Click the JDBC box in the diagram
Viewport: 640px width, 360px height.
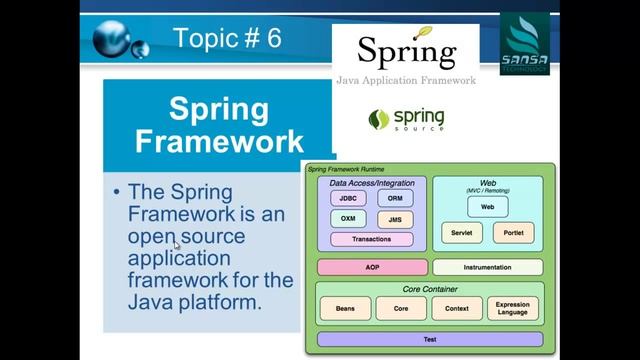tap(348, 198)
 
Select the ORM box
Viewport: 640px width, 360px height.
tap(395, 198)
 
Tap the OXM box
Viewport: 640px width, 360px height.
tap(348, 219)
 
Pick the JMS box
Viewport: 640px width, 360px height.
tap(395, 219)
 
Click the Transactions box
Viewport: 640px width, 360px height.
tap(371, 240)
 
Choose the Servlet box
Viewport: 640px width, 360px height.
tap(461, 233)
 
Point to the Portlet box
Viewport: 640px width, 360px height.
tap(514, 233)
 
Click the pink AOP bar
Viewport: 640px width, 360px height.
tap(371, 268)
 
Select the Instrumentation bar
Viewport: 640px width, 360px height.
tap(487, 268)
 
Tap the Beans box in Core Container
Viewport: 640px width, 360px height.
tap(345, 309)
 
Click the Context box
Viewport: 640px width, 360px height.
tap(456, 309)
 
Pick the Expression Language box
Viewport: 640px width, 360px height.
tap(512, 309)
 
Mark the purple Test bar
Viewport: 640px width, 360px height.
tap(429, 340)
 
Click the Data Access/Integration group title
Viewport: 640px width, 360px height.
tap(371, 184)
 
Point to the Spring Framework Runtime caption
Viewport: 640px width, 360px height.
tap(345, 170)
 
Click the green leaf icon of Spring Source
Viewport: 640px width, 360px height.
tap(379, 120)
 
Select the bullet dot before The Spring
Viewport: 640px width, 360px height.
tap(117, 192)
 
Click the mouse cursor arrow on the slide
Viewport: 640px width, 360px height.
tap(177, 244)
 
